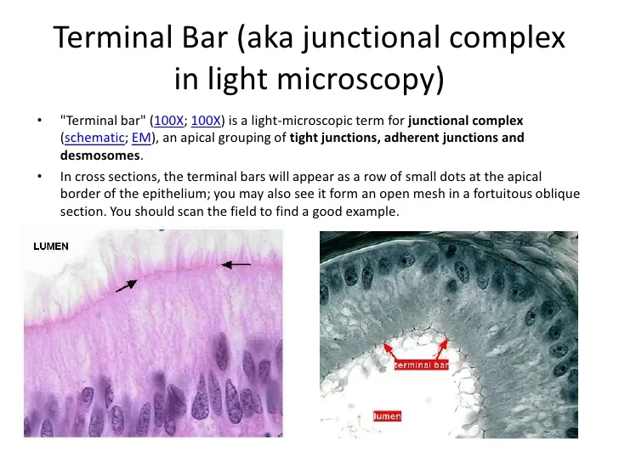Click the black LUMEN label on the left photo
(51, 246)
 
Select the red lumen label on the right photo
(387, 416)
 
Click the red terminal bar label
(421, 365)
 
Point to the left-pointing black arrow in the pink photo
(236, 265)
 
